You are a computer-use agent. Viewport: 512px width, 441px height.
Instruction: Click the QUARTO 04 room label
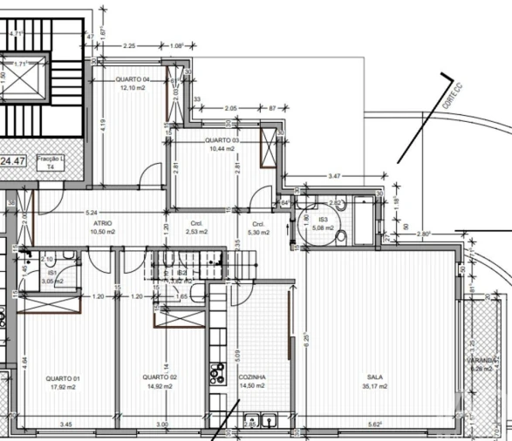133,79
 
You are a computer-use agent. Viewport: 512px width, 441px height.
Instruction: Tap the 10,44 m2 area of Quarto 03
222,149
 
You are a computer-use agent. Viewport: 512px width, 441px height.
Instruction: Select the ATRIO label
103,224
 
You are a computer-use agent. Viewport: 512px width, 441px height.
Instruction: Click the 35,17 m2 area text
376,386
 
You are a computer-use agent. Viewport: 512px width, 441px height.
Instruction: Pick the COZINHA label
251,377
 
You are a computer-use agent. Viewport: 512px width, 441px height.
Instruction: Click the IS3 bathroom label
324,220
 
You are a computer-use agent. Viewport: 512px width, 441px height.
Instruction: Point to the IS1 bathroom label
51,273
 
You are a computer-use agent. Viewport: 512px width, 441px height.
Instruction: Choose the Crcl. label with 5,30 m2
258,224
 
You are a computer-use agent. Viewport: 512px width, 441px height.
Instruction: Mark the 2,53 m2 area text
197,233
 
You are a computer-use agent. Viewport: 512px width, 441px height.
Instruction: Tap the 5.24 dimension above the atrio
90,213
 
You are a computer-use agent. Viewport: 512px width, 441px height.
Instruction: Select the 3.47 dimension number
334,177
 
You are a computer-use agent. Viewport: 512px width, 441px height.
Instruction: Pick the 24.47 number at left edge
13,160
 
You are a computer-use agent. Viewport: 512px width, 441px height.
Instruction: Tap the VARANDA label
481,360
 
